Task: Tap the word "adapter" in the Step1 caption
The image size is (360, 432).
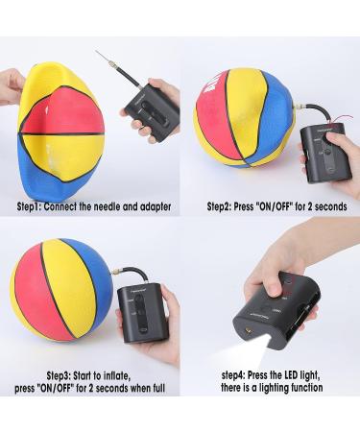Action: click(155, 206)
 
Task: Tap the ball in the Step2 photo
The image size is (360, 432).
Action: click(241, 116)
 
